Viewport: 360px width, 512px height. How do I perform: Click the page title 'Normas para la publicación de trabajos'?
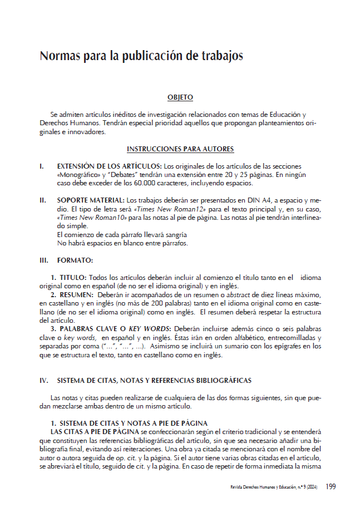pos(141,56)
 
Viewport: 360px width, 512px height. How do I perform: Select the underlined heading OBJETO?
pos(180,97)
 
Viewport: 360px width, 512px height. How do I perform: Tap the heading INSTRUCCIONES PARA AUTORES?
pos(180,149)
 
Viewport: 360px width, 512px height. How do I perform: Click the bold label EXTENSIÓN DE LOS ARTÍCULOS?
pos(110,166)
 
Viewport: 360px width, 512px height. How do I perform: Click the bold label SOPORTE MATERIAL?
pos(91,200)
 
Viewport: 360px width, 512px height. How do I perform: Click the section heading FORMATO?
pos(75,260)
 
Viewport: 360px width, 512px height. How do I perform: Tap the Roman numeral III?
pos(44,260)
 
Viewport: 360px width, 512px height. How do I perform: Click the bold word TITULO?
pos(72,277)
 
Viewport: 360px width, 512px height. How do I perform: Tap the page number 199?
pos(331,486)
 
